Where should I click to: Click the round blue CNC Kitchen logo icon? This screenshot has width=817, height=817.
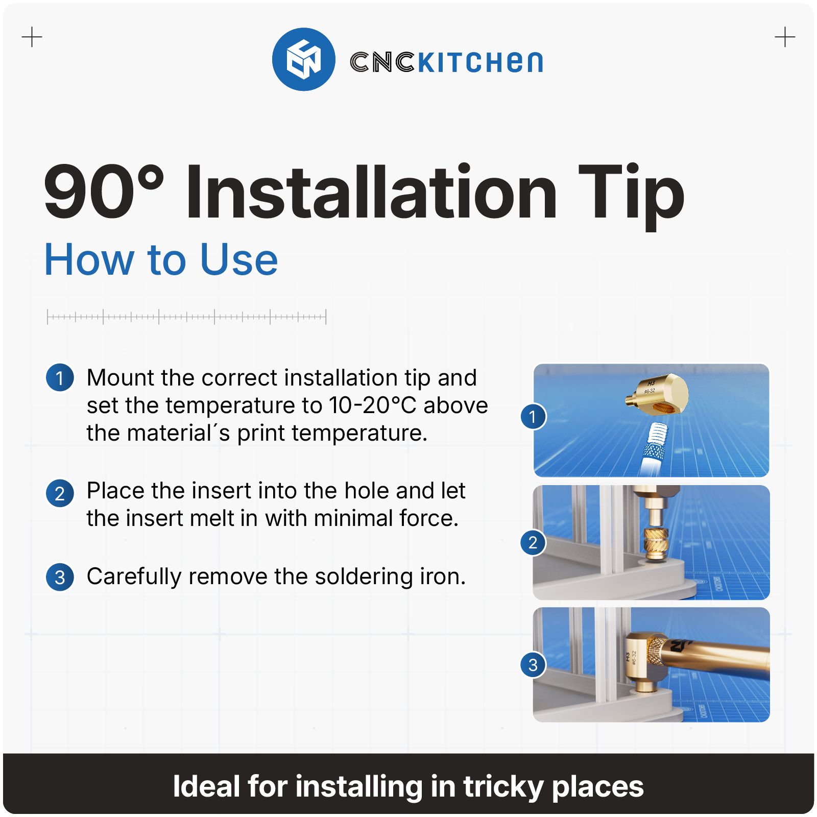point(304,59)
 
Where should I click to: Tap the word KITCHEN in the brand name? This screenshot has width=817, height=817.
point(480,62)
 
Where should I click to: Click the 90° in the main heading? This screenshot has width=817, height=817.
point(104,191)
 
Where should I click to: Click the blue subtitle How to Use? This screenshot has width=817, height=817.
point(161,259)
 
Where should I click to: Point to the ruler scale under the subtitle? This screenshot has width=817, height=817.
point(187,317)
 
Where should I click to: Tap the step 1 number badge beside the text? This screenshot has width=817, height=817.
point(60,378)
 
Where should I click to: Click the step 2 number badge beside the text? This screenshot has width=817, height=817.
point(60,493)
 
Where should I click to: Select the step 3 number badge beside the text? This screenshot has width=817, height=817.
point(60,577)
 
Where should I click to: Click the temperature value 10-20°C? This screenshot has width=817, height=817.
point(373,405)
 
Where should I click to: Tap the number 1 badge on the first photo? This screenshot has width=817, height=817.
point(533,417)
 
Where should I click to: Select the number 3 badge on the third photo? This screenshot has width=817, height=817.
point(533,665)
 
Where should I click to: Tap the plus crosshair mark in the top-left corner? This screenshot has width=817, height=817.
point(32,37)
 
